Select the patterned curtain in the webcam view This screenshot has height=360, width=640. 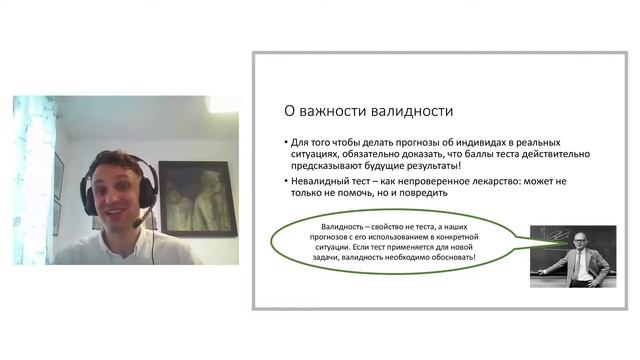(33, 180)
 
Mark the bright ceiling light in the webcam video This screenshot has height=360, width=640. (222, 104)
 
